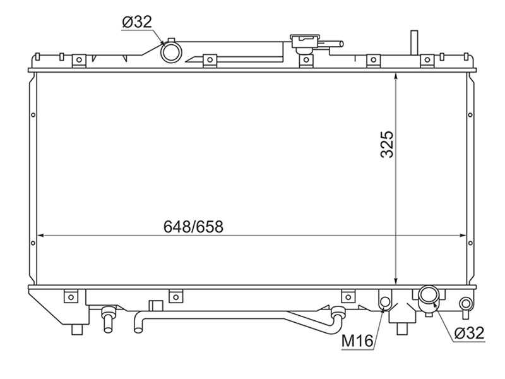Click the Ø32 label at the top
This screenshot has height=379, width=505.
136,22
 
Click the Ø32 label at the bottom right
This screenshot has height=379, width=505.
468,334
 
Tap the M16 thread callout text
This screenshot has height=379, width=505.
357,342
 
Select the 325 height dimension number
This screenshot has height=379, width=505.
387,144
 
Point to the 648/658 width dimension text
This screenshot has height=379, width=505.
193,227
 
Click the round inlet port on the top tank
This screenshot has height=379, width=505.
170,51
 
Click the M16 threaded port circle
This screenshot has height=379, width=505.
384,301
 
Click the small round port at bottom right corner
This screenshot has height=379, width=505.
466,304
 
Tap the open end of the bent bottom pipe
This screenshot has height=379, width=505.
139,327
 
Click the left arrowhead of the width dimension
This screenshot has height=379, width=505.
41,236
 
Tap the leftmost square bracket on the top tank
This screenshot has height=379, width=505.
79,61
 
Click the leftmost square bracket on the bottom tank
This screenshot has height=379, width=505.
71,295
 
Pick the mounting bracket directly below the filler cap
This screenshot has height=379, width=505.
306,61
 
